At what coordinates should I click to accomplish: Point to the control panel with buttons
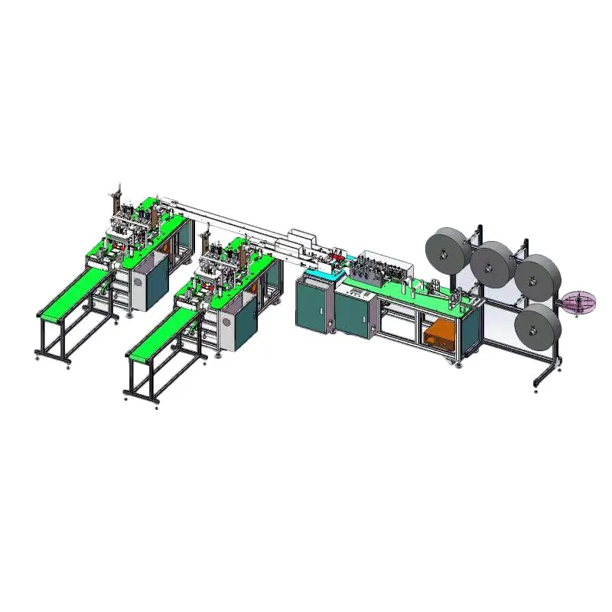[356, 291]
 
